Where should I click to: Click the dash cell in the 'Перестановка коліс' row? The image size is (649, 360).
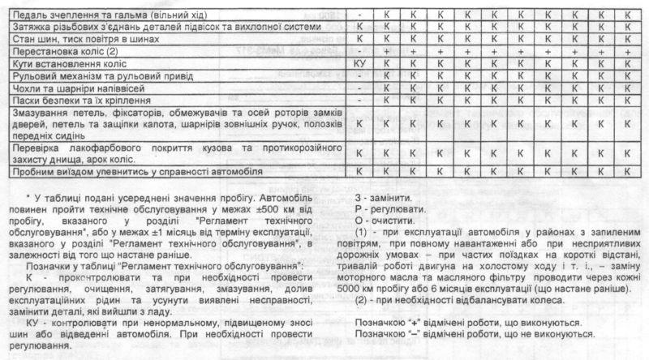359,50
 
